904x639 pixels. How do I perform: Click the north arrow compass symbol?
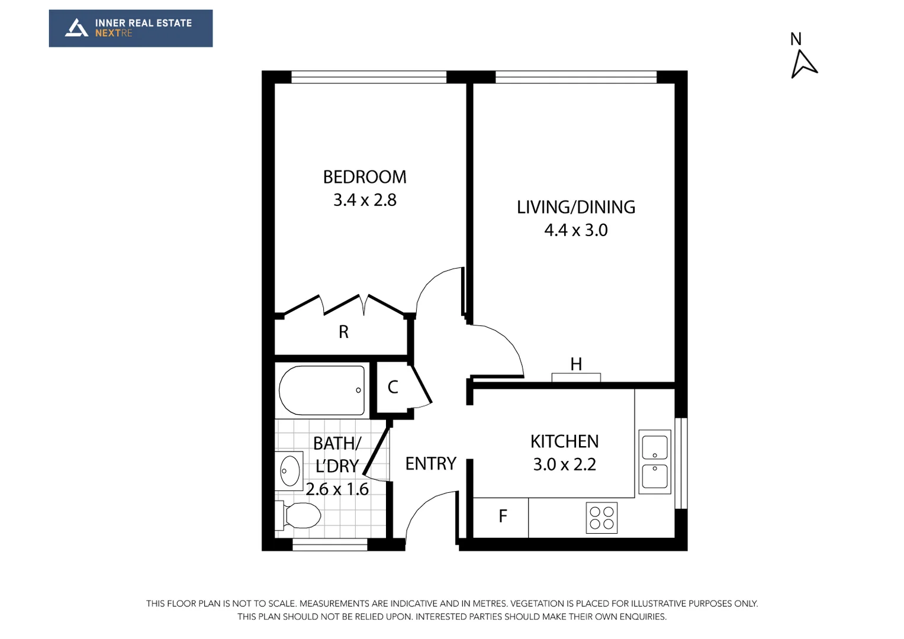(x=803, y=63)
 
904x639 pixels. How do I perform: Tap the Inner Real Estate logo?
(x=130, y=28)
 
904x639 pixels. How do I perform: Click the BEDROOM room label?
(x=365, y=177)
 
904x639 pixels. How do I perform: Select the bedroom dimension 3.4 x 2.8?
(x=365, y=200)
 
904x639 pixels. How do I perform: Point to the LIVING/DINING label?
(x=575, y=207)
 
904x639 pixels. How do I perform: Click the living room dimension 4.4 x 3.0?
(x=575, y=230)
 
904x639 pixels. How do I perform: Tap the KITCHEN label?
(x=564, y=441)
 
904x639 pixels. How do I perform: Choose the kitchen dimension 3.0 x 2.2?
(x=564, y=464)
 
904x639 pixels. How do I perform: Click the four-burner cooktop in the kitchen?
(x=601, y=518)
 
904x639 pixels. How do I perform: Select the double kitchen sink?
(x=655, y=462)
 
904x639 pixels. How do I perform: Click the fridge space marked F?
(x=502, y=517)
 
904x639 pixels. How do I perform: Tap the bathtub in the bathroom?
(x=321, y=390)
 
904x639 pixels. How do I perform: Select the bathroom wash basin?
(x=289, y=471)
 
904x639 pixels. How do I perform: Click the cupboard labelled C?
(x=393, y=388)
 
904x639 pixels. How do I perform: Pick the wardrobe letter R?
(x=343, y=333)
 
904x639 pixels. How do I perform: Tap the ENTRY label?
(x=430, y=464)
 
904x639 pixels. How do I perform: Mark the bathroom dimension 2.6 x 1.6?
(x=337, y=489)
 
